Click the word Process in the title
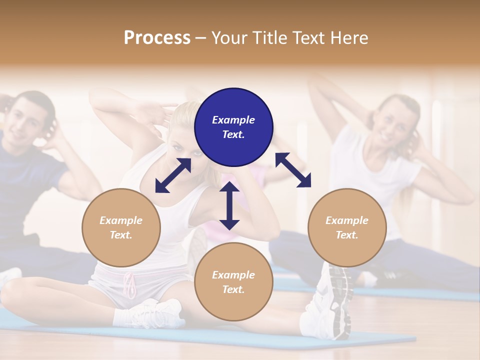coord(157,38)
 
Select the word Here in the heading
coord(348,38)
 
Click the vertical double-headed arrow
coord(229,205)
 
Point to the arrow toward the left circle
coord(173,175)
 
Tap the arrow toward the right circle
coord(293,170)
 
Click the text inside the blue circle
coord(233,127)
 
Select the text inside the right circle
coord(347,227)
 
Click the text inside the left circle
coord(121,227)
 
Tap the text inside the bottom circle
coord(233,282)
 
